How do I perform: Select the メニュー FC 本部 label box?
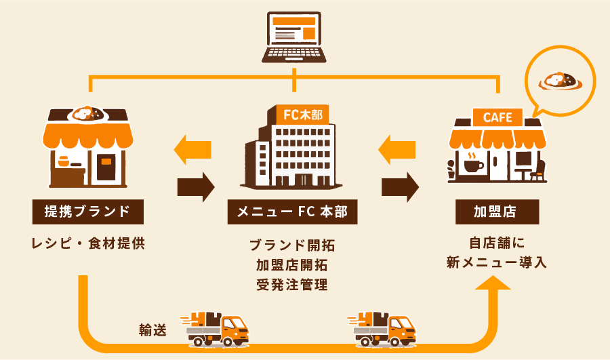click(292, 212)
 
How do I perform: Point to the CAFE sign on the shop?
click(497, 117)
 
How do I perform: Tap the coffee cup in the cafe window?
click(470, 163)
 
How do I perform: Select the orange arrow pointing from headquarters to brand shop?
click(193, 149)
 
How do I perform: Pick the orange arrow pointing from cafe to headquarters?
click(397, 149)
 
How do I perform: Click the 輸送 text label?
click(152, 330)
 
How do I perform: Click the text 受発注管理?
click(292, 284)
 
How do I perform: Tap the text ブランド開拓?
click(292, 245)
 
